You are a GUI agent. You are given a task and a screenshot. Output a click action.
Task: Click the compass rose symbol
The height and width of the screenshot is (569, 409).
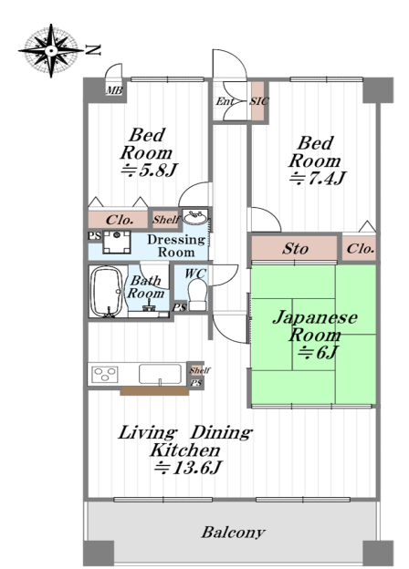51,50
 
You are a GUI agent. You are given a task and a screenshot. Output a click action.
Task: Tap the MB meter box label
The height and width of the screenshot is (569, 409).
114,90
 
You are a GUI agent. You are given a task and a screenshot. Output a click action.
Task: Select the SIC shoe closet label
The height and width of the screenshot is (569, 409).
259,101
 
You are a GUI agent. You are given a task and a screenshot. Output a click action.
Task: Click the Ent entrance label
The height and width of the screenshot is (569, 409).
224,101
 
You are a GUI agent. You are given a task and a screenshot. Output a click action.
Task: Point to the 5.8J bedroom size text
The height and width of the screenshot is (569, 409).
150,170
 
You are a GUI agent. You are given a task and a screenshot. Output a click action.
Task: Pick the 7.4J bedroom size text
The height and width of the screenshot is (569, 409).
318,178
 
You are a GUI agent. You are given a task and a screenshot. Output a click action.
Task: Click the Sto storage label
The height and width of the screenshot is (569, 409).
295,249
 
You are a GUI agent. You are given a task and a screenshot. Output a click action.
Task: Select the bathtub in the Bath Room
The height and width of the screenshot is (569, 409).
107,292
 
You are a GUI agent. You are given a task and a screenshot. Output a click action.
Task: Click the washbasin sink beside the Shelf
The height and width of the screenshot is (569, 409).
195,218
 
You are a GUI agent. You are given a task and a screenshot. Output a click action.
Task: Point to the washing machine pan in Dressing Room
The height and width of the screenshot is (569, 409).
117,242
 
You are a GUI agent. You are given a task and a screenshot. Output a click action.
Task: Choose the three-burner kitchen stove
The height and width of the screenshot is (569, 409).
105,374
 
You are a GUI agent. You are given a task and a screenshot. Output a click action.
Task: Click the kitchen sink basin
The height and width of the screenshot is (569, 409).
160,374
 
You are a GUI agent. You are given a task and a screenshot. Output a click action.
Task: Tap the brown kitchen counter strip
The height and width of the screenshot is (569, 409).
154,391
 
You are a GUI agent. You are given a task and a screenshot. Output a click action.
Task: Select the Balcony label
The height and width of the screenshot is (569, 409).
233,533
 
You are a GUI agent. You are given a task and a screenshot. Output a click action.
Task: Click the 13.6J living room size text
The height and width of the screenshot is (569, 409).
188,468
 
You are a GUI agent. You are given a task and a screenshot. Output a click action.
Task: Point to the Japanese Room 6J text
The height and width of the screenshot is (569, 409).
315,335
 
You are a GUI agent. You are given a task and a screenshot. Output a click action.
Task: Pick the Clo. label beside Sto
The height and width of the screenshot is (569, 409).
361,249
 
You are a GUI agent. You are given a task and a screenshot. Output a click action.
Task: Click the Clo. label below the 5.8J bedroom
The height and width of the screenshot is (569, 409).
120,220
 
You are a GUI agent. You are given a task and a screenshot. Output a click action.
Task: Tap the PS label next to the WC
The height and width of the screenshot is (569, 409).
179,307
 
